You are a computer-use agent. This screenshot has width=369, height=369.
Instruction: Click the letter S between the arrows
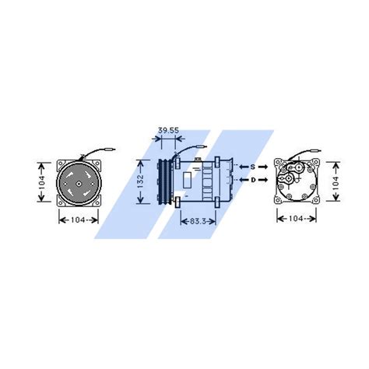click(x=252, y=166)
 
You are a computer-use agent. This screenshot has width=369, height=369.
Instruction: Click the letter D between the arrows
click(x=252, y=180)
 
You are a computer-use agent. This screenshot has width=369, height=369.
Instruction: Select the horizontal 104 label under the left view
click(x=78, y=220)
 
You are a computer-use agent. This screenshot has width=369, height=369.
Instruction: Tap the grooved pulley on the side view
click(x=164, y=181)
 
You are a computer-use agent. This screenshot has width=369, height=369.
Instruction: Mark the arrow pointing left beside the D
click(x=242, y=180)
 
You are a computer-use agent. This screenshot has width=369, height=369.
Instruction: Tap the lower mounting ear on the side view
click(x=179, y=203)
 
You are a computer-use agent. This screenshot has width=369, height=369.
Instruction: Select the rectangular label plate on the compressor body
click(x=192, y=179)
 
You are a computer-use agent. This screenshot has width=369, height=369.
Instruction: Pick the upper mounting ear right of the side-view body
click(x=233, y=161)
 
